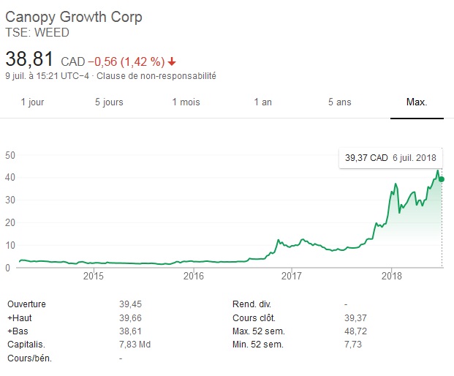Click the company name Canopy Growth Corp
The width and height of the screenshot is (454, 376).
coord(74,17)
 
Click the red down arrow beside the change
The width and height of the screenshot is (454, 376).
coord(172,61)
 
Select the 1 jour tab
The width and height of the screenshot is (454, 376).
coord(32,102)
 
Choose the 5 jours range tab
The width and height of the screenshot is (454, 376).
coord(109,102)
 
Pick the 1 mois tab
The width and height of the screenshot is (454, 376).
coord(186,102)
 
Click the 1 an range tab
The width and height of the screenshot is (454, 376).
coord(262,102)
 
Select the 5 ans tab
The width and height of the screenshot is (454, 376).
coord(339,102)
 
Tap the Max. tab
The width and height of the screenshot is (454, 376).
coord(417,102)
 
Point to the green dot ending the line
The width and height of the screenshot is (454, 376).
coord(442,179)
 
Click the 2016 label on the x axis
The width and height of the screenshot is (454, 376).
coord(193,276)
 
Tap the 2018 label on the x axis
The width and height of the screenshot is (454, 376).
coord(392,276)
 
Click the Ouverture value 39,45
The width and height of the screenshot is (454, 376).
coord(131,304)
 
